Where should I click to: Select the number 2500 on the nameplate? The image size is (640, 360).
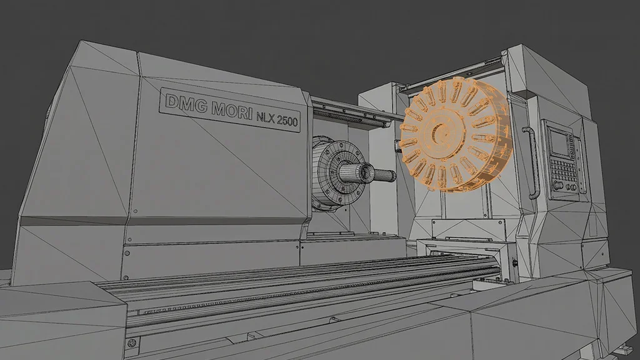tap(287, 120)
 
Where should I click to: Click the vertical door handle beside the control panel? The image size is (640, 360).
tap(533, 162)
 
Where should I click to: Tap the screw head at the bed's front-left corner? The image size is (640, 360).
tap(131, 342)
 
